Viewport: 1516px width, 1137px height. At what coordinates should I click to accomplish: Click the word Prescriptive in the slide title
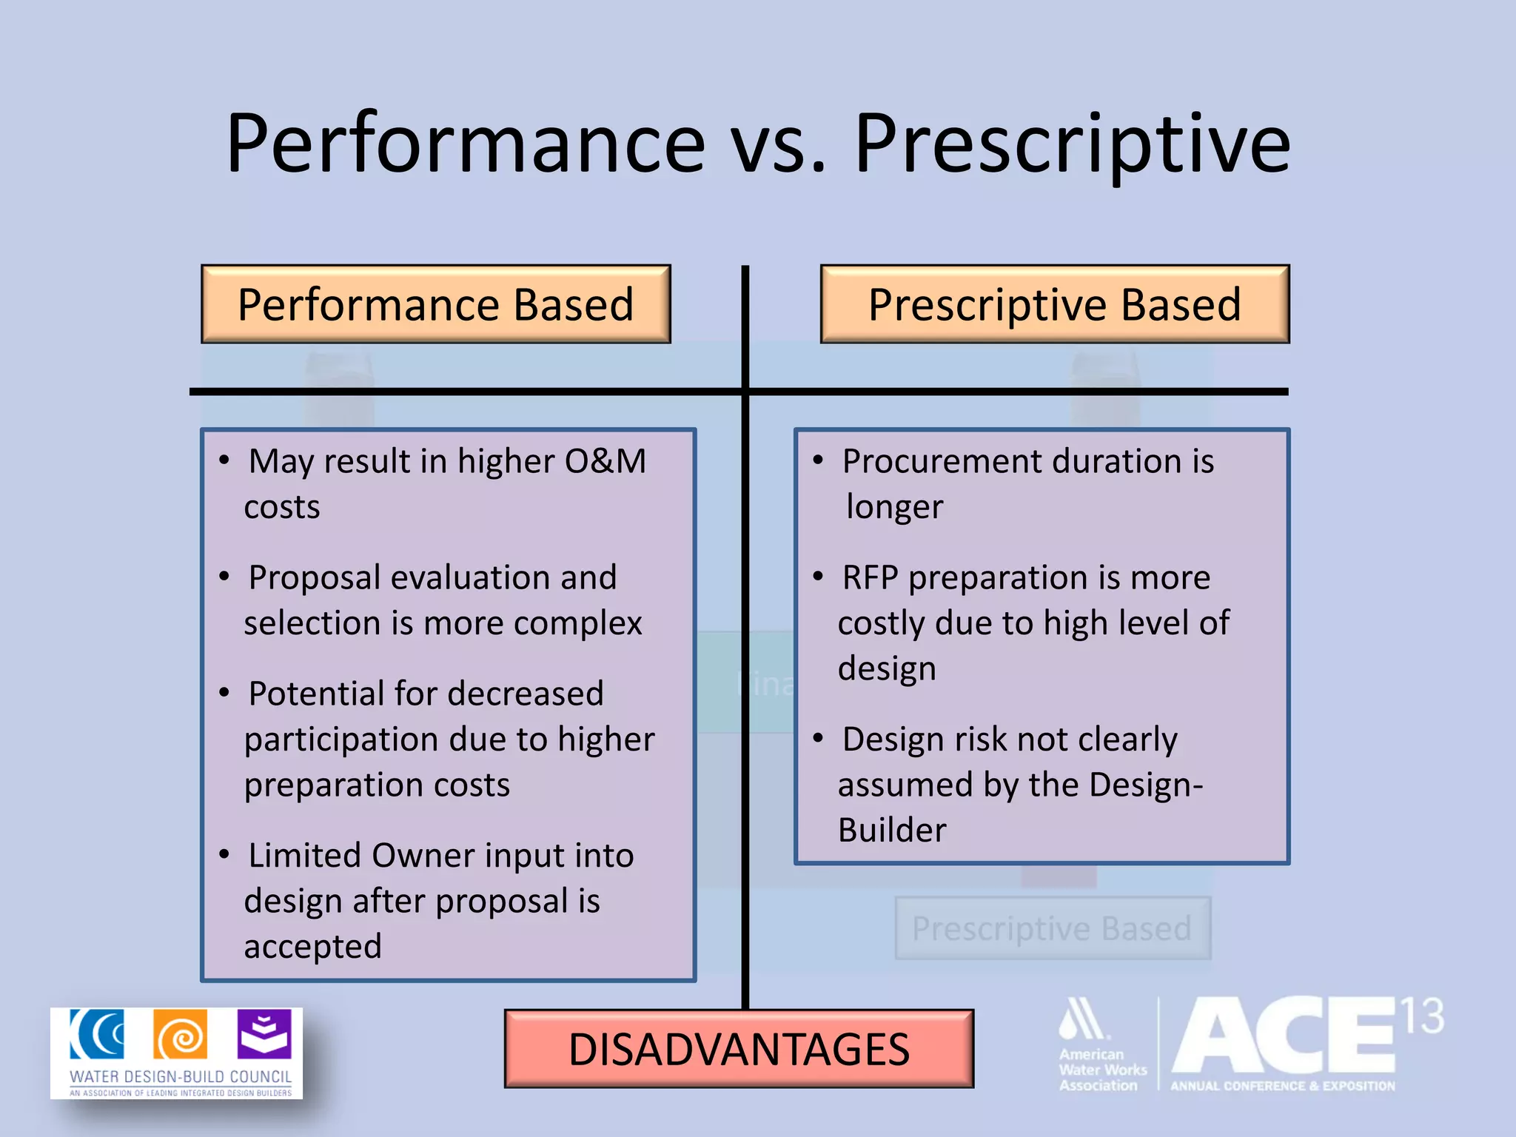[1072, 144]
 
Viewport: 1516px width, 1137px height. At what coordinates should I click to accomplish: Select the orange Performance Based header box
[435, 304]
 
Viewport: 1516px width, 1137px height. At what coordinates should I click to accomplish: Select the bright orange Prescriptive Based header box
[1054, 304]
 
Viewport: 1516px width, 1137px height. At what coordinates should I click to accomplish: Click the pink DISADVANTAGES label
[739, 1049]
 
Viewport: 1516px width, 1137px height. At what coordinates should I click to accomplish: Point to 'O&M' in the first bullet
[605, 461]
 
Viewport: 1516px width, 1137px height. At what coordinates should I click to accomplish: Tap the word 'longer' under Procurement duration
[894, 508]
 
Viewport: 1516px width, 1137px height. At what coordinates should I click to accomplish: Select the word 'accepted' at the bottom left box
[312, 947]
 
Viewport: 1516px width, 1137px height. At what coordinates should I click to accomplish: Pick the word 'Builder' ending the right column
[891, 831]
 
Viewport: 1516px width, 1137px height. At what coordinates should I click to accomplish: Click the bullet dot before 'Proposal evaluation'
[224, 577]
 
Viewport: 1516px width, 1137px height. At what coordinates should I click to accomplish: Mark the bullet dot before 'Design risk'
[818, 738]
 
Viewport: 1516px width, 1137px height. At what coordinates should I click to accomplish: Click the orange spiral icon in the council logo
[180, 1035]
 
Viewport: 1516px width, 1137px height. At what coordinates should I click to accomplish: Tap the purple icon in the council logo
[264, 1034]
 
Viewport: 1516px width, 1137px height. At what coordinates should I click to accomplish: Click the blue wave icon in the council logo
[97, 1034]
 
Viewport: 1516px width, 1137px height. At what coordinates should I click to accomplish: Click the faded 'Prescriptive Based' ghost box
[1052, 928]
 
